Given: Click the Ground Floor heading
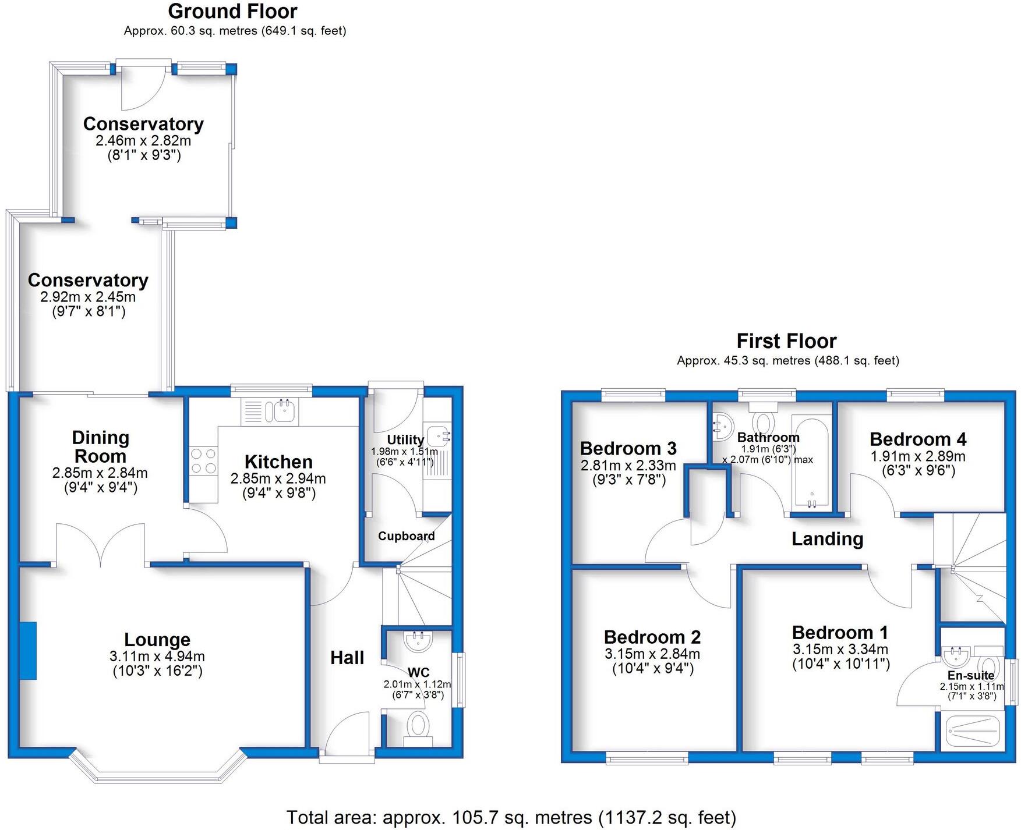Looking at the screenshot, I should point(232,11).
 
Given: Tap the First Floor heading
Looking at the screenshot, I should point(786,340).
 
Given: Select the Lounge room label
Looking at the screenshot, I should point(157,640).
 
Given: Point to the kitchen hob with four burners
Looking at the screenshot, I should point(203,460).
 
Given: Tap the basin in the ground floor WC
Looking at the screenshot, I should point(418,642).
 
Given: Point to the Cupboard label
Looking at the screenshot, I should point(406,536).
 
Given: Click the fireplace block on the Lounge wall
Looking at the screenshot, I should point(28,650).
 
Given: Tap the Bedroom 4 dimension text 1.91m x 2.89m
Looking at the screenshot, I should point(918,456).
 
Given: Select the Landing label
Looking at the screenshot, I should point(827,539).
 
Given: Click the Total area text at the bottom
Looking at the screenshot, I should point(511,817).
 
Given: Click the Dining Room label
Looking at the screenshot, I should point(100,446).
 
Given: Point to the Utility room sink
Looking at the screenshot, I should point(437,434).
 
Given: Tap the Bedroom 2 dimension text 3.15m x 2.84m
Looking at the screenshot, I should point(652,654).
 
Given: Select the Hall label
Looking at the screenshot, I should point(347,658).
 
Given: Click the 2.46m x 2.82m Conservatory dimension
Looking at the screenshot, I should point(143,140).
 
